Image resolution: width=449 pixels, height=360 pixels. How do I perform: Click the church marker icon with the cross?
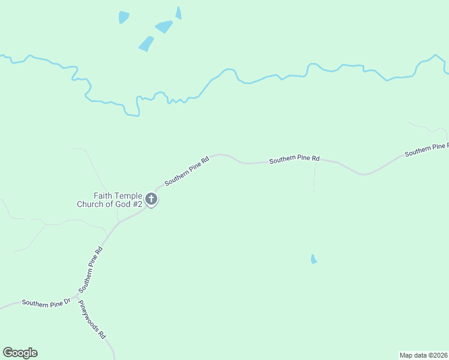coord(152,199)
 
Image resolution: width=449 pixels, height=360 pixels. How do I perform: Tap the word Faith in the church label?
coord(103,196)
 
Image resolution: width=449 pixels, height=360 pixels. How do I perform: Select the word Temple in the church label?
coord(128,196)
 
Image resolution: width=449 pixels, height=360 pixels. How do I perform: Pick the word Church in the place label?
coord(90,204)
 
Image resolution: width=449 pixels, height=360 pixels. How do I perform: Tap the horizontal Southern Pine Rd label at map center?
coord(294,160)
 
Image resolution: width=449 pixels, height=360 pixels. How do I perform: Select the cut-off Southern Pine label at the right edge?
coord(426,150)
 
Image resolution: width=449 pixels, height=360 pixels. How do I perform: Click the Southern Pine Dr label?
coord(46,302)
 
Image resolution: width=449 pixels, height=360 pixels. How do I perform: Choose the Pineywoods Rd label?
coord(92,319)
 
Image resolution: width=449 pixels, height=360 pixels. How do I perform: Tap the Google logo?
coord(20,353)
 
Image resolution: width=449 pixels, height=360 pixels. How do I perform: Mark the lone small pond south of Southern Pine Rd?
coord(313,259)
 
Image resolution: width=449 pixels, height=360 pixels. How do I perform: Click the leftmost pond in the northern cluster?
coord(124,17)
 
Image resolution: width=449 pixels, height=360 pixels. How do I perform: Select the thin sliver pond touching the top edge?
coord(178,13)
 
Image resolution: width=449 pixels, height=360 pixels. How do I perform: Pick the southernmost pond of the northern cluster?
coord(146,44)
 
